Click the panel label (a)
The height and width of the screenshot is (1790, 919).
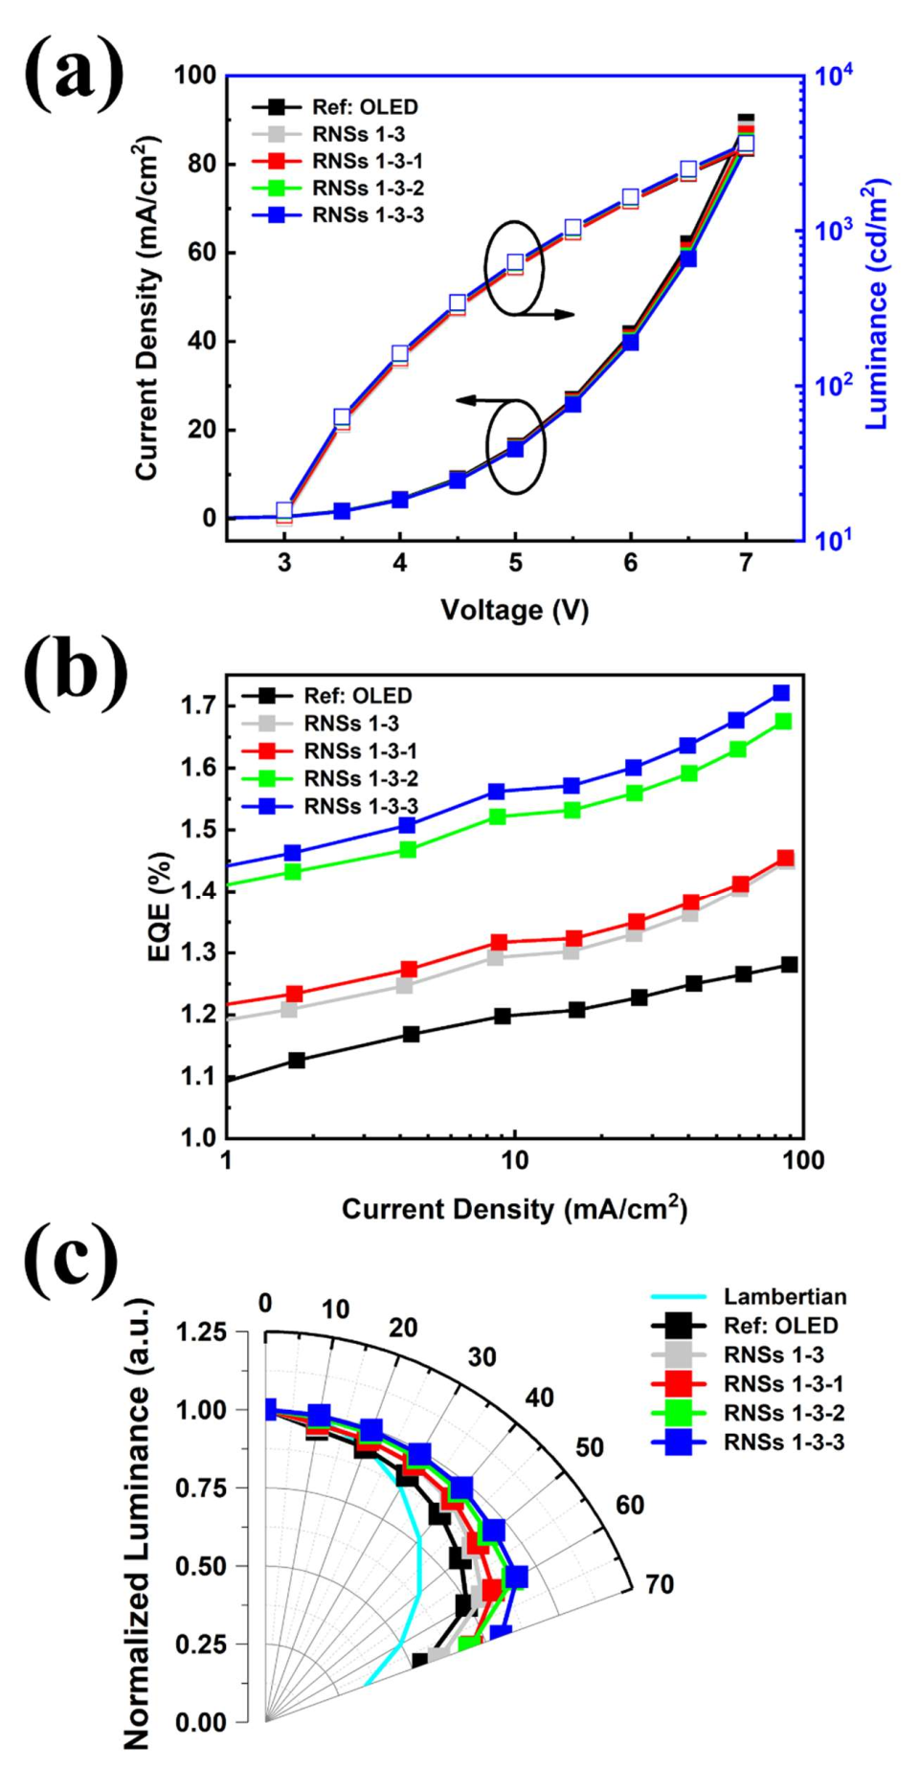[x=74, y=73]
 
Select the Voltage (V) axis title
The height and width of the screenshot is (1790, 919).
[x=514, y=610]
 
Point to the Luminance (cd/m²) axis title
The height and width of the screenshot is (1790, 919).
[x=877, y=304]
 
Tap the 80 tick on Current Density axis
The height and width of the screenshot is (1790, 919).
[x=202, y=164]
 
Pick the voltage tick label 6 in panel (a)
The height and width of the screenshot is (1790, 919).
[x=630, y=563]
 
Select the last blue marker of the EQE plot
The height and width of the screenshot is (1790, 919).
[x=781, y=693]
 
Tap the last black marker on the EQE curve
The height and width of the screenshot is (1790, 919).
[x=789, y=965]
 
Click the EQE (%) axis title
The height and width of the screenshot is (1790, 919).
[x=160, y=906]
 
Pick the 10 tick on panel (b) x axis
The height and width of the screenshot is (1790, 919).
[x=514, y=1161]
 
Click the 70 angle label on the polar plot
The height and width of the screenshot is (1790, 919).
[x=659, y=1585]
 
